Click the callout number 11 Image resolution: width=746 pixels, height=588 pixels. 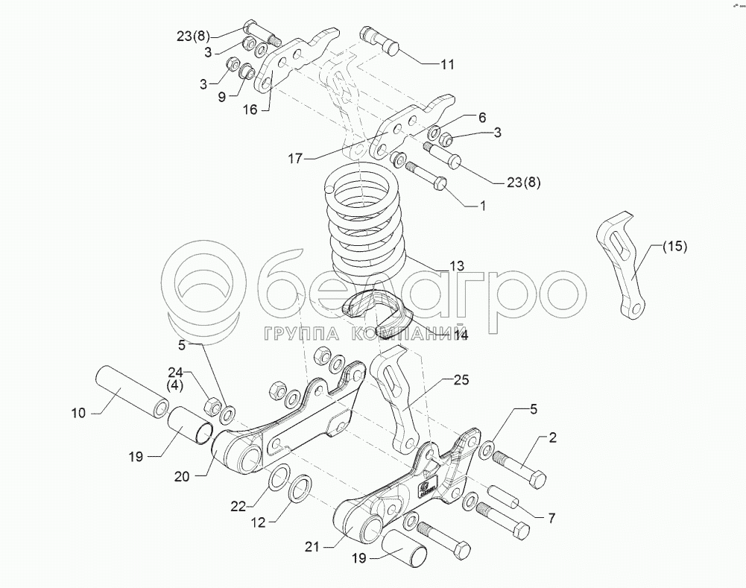click(x=446, y=65)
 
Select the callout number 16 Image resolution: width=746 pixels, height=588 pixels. click(x=250, y=110)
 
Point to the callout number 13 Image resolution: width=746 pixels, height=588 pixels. click(x=456, y=265)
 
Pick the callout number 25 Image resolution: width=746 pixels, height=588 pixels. click(x=461, y=379)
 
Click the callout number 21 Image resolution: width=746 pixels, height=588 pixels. click(x=312, y=547)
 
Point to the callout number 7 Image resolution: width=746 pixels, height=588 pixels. click(x=552, y=516)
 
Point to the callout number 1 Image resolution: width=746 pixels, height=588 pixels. click(x=481, y=205)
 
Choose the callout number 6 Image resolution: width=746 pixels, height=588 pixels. click(x=481, y=118)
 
